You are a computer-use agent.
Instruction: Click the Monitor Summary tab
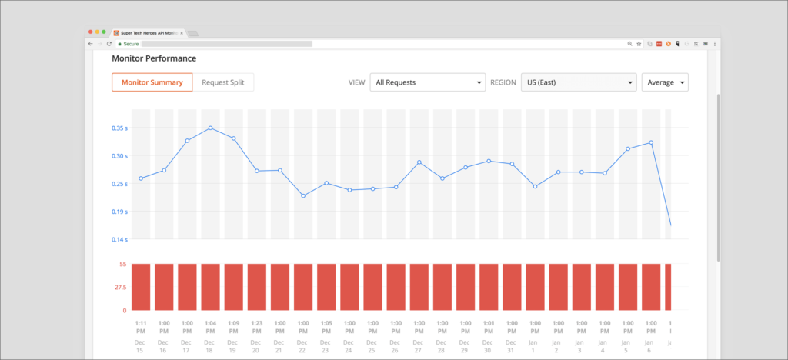click(x=152, y=82)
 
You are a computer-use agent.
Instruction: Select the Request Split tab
click(x=222, y=82)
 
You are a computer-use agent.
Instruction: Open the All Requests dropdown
click(x=426, y=82)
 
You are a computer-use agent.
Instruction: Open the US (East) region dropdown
click(x=578, y=82)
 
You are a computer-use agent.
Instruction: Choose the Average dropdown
click(x=665, y=82)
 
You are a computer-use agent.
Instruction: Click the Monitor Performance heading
click(x=154, y=58)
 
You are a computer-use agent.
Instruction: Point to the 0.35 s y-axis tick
click(x=120, y=128)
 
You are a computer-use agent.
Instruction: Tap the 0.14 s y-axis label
click(x=120, y=240)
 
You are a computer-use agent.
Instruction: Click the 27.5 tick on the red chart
click(x=121, y=287)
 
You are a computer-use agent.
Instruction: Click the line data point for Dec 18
click(x=210, y=128)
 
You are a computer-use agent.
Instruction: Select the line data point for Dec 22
click(x=303, y=196)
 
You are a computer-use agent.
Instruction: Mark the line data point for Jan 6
click(x=651, y=142)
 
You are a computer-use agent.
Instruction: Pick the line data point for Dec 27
click(x=419, y=162)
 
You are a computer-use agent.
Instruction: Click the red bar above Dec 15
click(x=141, y=287)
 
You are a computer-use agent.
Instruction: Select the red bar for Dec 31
click(x=512, y=287)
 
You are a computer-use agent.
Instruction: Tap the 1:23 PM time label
click(x=256, y=327)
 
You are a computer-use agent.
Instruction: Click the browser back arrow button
click(x=90, y=44)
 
